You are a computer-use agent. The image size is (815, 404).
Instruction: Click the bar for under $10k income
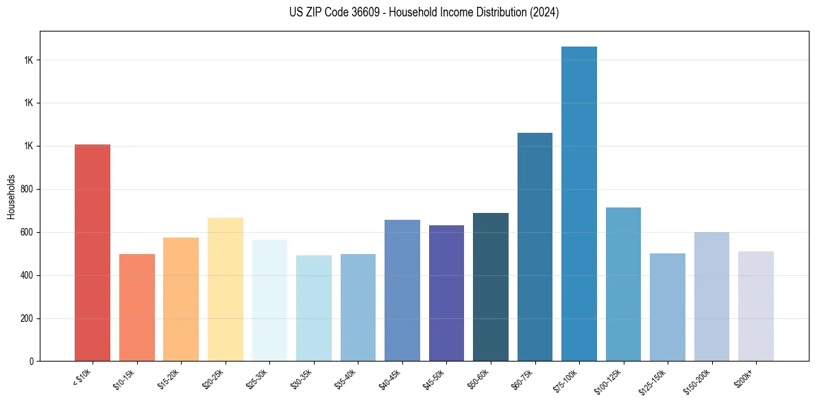pos(92,253)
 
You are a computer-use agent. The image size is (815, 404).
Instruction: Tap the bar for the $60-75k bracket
pos(535,247)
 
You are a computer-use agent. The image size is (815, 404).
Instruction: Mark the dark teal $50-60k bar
pos(490,287)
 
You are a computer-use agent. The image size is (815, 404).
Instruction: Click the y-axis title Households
pos(12,197)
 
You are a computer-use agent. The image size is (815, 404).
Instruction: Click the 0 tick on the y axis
pos(32,362)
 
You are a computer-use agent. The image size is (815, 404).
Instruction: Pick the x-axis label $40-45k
pos(389,379)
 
